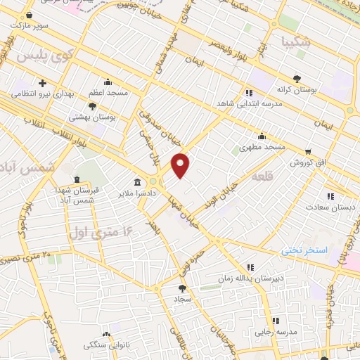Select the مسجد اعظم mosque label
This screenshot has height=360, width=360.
108,92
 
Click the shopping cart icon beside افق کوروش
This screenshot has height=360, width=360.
308,151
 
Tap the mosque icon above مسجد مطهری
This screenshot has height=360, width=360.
262,136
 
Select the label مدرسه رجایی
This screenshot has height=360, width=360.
274,331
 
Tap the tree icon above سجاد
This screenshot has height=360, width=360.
184,288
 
